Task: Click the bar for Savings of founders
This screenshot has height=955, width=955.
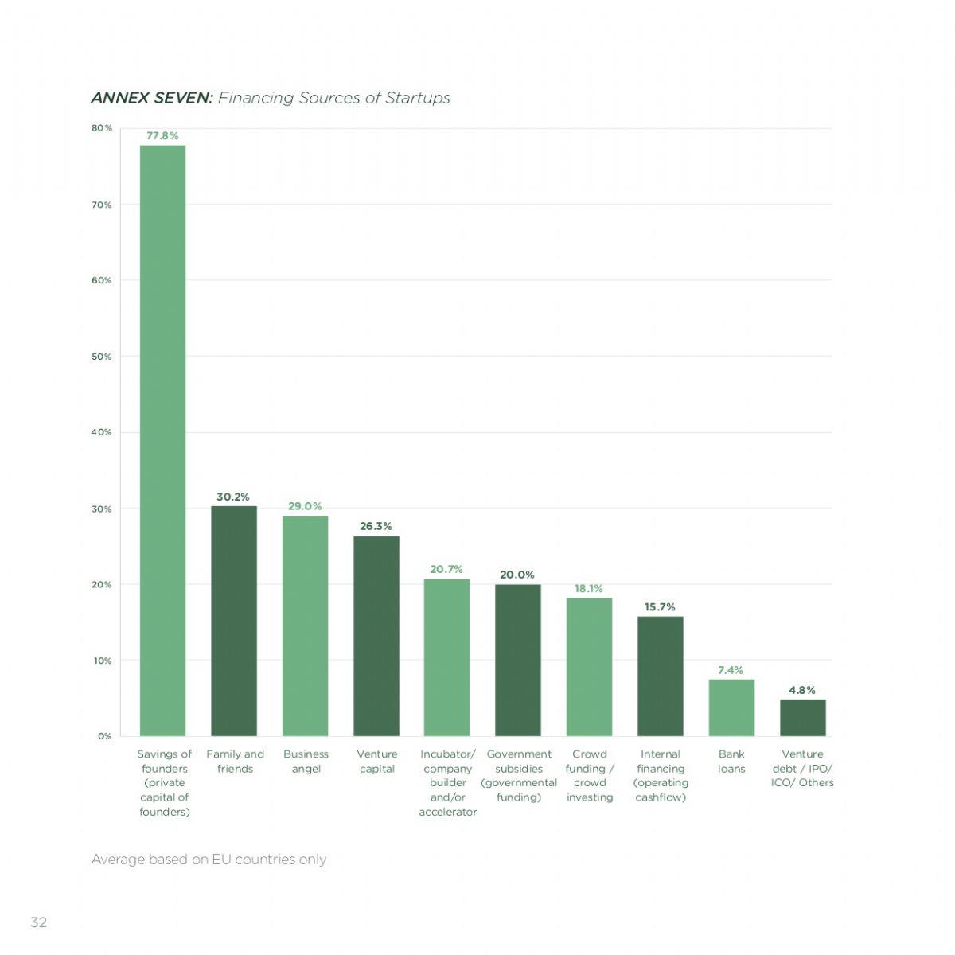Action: tap(162, 440)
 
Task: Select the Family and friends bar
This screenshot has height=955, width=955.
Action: tap(234, 621)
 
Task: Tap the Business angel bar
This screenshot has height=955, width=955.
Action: tap(306, 626)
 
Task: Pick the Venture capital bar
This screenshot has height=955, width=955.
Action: tap(376, 635)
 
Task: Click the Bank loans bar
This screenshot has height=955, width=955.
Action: tap(731, 707)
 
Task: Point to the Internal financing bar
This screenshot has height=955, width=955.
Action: tap(660, 676)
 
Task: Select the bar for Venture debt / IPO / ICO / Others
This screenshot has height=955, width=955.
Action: tap(803, 718)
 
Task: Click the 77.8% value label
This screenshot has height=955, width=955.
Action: tap(162, 136)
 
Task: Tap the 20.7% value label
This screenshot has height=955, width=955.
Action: tap(446, 570)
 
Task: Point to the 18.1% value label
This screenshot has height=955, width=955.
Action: tap(589, 589)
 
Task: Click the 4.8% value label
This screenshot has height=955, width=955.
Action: tap(802, 690)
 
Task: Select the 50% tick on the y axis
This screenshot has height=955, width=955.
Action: tap(102, 357)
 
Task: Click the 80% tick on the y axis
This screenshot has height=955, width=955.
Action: tap(102, 128)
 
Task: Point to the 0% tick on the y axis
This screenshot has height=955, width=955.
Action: tap(104, 736)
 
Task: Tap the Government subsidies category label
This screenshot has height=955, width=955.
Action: tap(518, 776)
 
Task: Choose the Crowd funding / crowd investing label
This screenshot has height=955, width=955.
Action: tap(589, 776)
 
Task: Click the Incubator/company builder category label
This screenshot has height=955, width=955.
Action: tap(447, 783)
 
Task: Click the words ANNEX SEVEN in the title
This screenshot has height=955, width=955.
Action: tap(152, 98)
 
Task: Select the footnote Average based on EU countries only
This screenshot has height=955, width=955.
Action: tap(209, 859)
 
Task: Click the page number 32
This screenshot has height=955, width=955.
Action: tap(39, 922)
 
